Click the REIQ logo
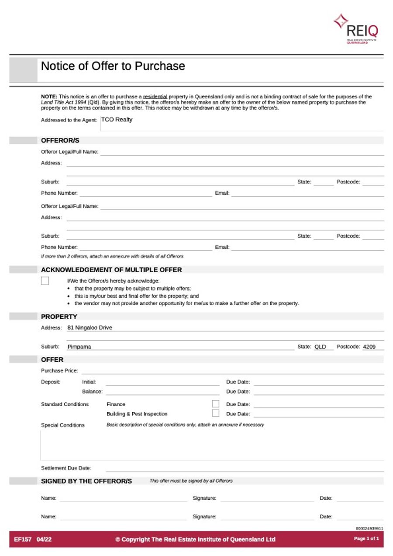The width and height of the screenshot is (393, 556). click(x=356, y=28)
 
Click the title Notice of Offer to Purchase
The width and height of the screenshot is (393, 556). click(x=113, y=66)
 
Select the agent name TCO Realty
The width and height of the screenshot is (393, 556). click(x=117, y=120)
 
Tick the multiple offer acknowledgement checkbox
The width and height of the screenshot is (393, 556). click(x=45, y=281)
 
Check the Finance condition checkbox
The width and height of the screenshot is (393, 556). click(x=215, y=404)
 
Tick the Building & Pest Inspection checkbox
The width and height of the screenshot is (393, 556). click(x=215, y=413)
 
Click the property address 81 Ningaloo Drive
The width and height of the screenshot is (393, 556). click(x=90, y=328)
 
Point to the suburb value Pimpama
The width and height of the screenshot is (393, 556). click(x=79, y=347)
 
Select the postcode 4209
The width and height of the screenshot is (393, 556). click(x=369, y=347)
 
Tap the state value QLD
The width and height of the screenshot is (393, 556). click(x=320, y=347)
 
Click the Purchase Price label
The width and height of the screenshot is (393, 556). click(x=59, y=371)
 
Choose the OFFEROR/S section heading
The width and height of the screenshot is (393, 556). click(x=60, y=141)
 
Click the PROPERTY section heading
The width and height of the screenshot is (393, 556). click(x=59, y=317)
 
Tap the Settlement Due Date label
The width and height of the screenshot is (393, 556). click(x=66, y=468)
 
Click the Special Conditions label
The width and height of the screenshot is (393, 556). click(x=63, y=425)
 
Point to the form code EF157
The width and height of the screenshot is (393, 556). click(x=23, y=539)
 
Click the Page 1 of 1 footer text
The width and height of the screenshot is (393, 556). click(x=366, y=539)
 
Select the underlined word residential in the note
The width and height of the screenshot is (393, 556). click(x=155, y=97)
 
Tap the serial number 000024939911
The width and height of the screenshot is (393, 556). click(x=369, y=528)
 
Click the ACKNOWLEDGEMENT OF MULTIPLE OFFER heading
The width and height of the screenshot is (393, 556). click(x=111, y=270)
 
